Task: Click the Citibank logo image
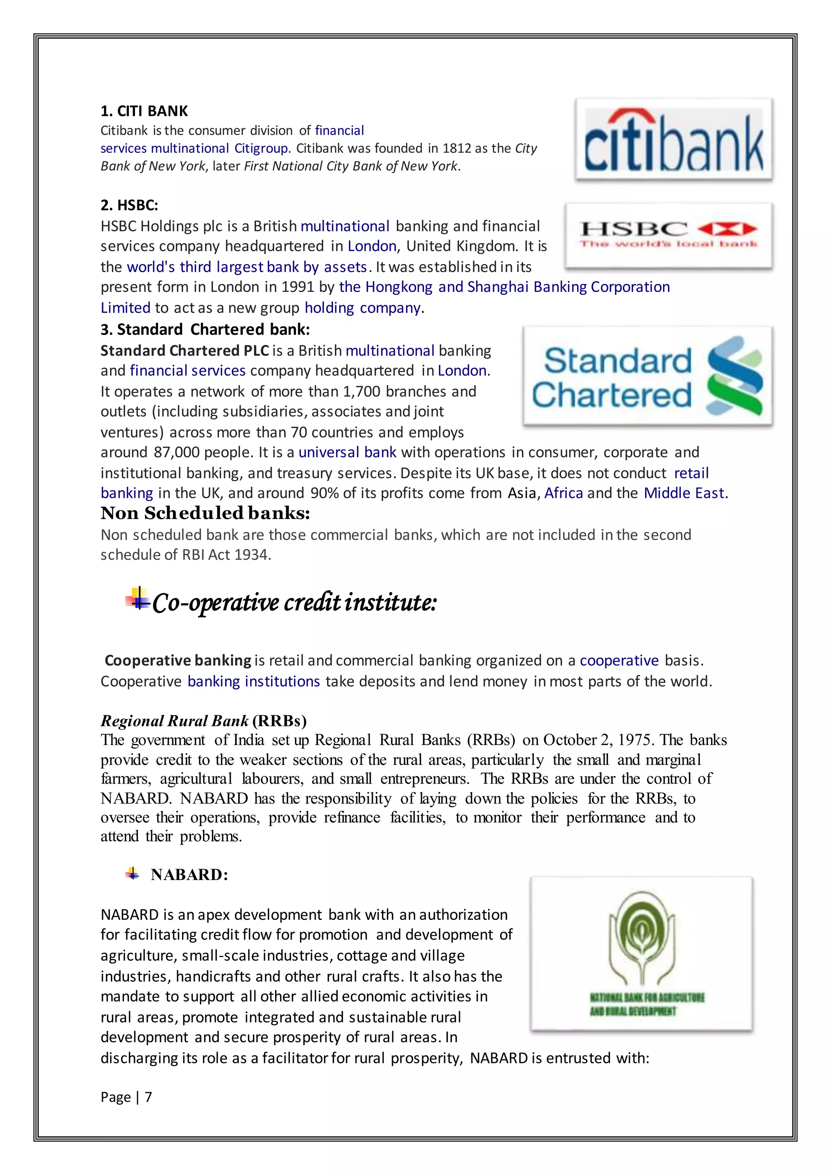674,139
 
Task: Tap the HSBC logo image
668,235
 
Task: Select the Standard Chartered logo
647,376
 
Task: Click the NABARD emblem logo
642,953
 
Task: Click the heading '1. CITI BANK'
144,111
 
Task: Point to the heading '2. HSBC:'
129,205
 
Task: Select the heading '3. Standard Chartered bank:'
205,329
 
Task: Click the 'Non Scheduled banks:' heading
205,513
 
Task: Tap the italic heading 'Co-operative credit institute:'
294,602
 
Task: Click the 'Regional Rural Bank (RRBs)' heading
203,720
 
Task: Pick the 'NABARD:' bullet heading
189,874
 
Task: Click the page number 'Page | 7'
126,1097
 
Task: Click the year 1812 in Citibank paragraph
456,148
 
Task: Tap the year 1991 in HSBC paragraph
298,287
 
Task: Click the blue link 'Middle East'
684,493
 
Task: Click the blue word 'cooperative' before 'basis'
619,661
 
